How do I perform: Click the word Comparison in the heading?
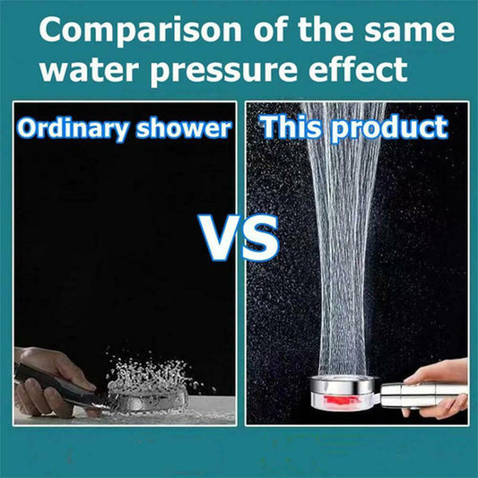coord(140,30)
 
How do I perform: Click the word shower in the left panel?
coord(184,128)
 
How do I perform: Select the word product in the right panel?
coord(390,128)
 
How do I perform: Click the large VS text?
coord(239,237)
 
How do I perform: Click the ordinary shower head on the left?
coord(149,396)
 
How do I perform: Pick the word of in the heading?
coord(272,30)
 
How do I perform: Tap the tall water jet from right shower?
coord(344,238)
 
